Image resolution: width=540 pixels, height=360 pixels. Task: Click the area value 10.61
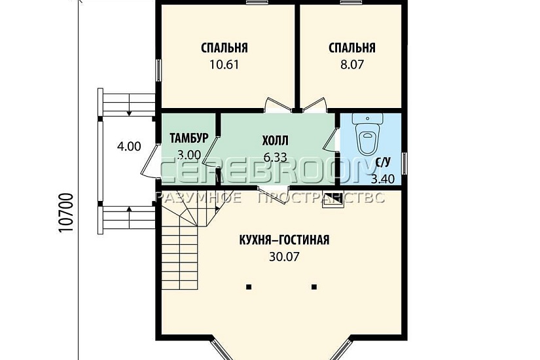[x=225, y=65]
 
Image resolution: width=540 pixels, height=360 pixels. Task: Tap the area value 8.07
[x=351, y=65]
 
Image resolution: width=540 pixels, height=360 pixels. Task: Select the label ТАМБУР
[x=189, y=138]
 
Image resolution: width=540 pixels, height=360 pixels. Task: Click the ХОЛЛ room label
[x=275, y=140]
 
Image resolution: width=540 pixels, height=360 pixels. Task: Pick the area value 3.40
[x=383, y=178]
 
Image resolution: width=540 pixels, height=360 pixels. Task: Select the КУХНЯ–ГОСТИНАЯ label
[x=284, y=240]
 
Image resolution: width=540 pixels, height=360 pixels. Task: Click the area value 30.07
[x=284, y=257]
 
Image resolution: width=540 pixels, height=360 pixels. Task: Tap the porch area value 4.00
[x=129, y=147]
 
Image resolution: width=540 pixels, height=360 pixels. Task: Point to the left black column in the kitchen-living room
[x=249, y=286]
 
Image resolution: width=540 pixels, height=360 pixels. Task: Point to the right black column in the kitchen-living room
[x=314, y=286]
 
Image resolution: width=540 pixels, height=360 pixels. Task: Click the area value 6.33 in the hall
[x=275, y=156]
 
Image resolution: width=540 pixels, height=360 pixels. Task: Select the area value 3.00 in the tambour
[x=189, y=155]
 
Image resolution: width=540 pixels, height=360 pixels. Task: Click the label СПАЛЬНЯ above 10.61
[x=225, y=48]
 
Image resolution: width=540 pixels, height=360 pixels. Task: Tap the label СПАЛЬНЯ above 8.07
[x=351, y=48]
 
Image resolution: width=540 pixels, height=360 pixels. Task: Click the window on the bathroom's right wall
[x=405, y=163]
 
